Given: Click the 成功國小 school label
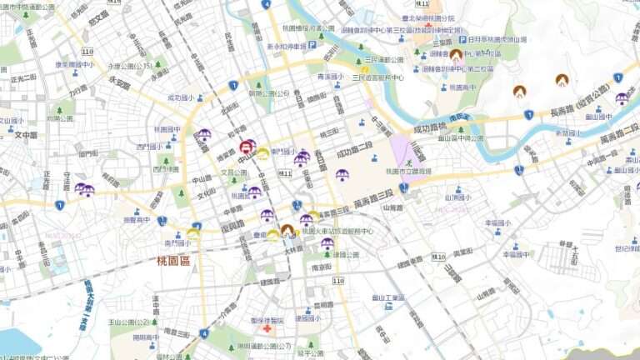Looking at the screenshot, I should tap(180, 97).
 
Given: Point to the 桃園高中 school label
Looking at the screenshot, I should tap(458, 86).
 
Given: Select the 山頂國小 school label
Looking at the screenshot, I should tap(457, 197).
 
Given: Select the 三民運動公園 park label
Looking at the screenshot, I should tap(385, 60).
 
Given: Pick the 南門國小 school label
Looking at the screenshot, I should tap(177, 242).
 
